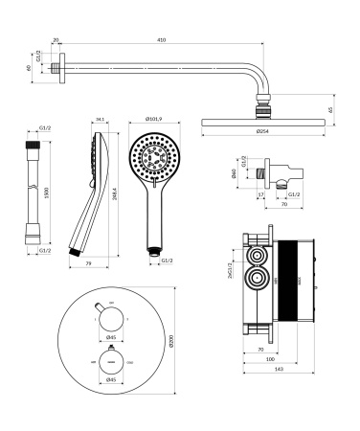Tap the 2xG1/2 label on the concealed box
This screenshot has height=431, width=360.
click(x=233, y=272)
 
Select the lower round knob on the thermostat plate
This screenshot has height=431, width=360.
click(x=112, y=362)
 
